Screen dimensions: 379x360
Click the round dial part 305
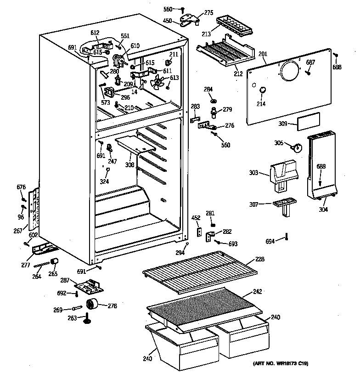297,148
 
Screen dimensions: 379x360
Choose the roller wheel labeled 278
93,303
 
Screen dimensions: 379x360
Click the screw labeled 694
287,237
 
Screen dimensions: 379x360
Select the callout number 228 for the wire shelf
260,260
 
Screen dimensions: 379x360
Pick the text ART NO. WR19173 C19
280,364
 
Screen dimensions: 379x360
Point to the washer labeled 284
214,101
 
